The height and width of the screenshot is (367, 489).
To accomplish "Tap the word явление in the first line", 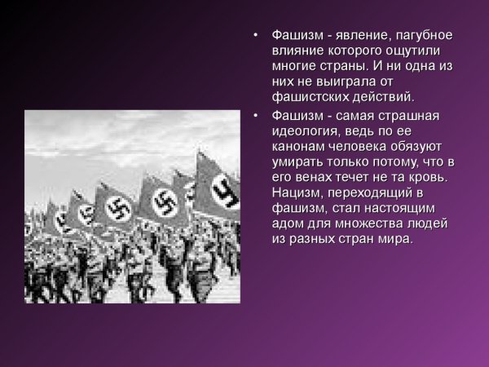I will point(358,37).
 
